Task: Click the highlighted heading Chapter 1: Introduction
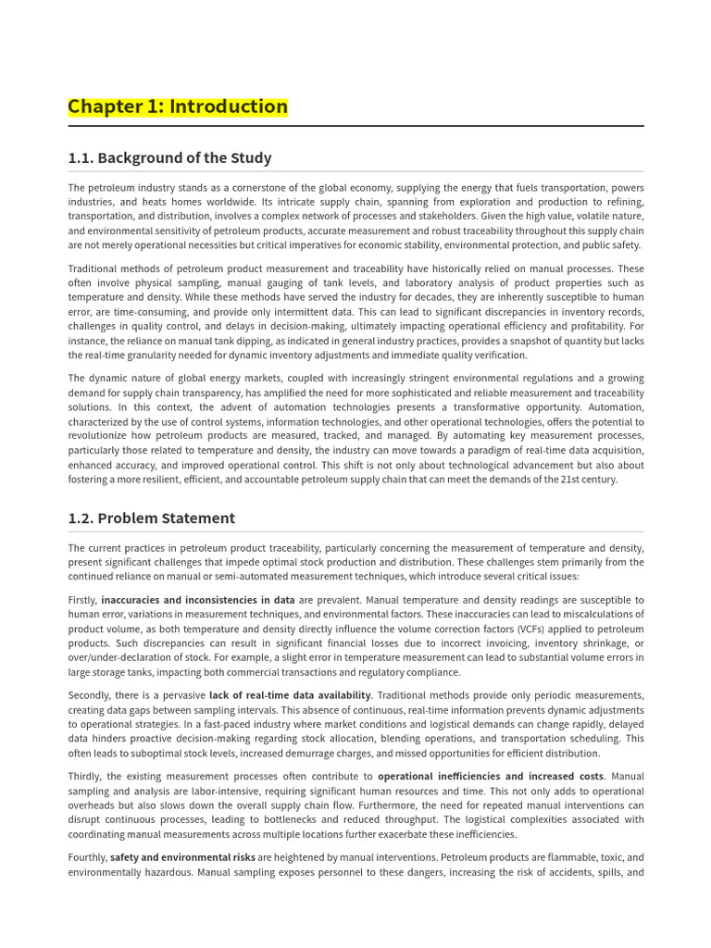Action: click(x=178, y=106)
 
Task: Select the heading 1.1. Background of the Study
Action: click(x=169, y=157)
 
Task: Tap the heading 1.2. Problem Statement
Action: click(x=151, y=518)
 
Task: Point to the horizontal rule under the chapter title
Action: click(x=355, y=126)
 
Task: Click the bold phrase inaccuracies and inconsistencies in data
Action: click(x=198, y=600)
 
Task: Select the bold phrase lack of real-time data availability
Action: click(x=290, y=695)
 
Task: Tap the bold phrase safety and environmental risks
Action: click(x=182, y=857)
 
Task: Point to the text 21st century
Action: click(x=588, y=480)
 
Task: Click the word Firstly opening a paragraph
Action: click(x=82, y=600)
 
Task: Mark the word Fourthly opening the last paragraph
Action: click(x=87, y=857)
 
